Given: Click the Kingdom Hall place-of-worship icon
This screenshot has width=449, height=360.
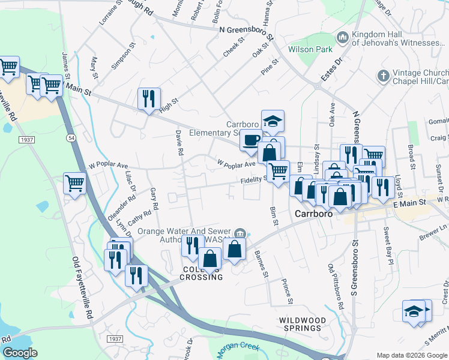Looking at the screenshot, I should pyautogui.click(x=343, y=37).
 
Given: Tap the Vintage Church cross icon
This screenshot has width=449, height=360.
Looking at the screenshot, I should pyautogui.click(x=382, y=76).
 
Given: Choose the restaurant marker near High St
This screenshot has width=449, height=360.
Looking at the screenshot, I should pyautogui.click(x=149, y=98).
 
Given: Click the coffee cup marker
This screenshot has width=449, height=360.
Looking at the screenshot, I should pyautogui.click(x=250, y=142).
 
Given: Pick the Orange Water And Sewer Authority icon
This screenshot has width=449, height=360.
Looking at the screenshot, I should pyautogui.click(x=240, y=233).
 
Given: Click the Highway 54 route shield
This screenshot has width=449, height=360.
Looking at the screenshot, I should pyautogui.click(x=71, y=138).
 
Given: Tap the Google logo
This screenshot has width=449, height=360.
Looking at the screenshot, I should pyautogui.click(x=20, y=352).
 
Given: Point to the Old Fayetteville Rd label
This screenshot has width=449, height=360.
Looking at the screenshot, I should pyautogui.click(x=82, y=287).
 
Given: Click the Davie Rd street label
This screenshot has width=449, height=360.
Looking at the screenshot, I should pyautogui.click(x=178, y=142).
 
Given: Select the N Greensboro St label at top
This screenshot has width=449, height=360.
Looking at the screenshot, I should pyautogui.click(x=247, y=29).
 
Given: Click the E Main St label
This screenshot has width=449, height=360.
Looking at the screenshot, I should pyautogui.click(x=409, y=203).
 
